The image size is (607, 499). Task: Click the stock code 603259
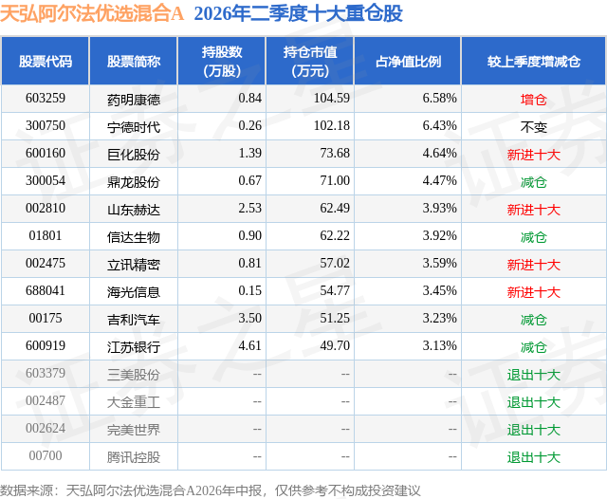[x=46, y=98]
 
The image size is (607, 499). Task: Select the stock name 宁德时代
[x=134, y=126]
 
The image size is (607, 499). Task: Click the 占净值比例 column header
[x=408, y=61]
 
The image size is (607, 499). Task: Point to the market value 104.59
[x=332, y=98]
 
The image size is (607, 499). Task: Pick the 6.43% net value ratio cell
[x=440, y=125]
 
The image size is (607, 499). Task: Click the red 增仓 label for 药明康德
[x=533, y=100]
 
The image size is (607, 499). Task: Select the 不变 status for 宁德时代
[x=533, y=127]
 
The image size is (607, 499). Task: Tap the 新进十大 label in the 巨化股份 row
[x=534, y=155]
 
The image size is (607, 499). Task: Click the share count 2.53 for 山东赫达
[x=250, y=208]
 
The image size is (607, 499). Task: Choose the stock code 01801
[x=46, y=235]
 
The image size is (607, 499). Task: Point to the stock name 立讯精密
[x=134, y=265]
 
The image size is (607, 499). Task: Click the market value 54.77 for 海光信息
[x=335, y=290]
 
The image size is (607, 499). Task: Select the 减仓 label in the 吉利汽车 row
[x=533, y=320]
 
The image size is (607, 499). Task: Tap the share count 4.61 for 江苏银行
[x=250, y=345]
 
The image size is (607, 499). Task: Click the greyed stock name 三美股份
[x=134, y=375]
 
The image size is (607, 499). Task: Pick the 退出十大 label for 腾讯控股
[x=534, y=457]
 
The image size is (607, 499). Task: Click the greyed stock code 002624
[x=46, y=428]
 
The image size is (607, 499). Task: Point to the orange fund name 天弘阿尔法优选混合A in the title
[x=92, y=14]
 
